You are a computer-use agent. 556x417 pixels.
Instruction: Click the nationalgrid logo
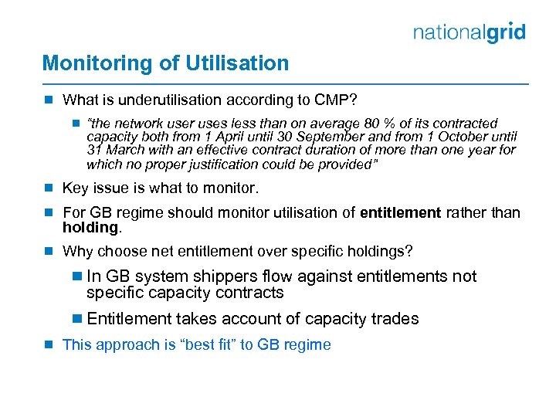[x=470, y=32]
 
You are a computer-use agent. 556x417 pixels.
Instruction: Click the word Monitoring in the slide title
[x=86, y=63]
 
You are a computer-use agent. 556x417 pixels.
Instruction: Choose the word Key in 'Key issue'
[x=75, y=188]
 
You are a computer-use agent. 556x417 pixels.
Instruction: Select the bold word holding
[x=90, y=227]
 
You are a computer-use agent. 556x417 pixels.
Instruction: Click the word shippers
[x=220, y=276]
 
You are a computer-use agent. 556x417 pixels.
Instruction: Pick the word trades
[x=394, y=319]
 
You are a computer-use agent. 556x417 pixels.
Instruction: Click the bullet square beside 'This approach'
[x=47, y=344]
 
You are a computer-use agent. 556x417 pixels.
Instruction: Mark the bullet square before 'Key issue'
[x=47, y=188]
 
